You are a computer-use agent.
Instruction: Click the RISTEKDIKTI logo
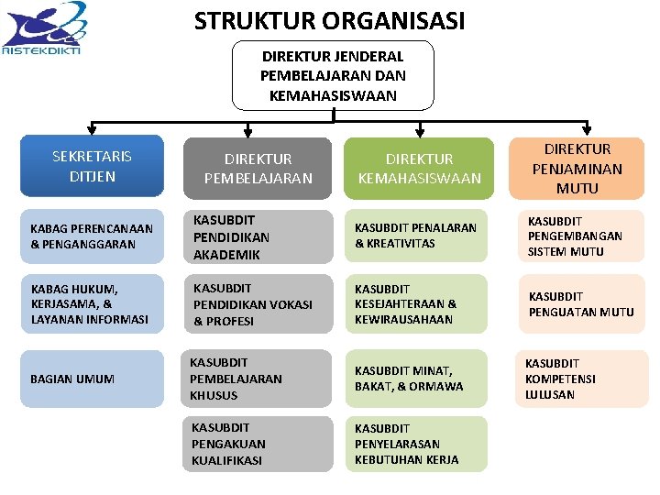coord(43,29)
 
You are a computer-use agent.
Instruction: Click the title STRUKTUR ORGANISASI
coord(329,20)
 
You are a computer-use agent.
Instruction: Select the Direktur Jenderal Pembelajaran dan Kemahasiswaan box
coord(333,75)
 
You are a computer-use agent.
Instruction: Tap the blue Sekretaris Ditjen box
coord(92,166)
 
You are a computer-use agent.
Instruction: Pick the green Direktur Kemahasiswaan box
coord(419,169)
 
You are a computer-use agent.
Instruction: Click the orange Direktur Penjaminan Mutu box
coord(577,169)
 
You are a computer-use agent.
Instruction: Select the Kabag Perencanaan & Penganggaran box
coord(92,236)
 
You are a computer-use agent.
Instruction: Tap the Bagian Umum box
coord(92,379)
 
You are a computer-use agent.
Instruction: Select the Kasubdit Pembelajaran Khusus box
coord(256,379)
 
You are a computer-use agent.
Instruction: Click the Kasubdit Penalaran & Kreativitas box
coord(419,236)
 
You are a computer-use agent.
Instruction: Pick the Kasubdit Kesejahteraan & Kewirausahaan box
coord(419,304)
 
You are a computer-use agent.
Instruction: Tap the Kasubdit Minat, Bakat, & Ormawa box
coord(419,379)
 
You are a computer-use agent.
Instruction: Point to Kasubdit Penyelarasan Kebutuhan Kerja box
coord(419,444)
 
